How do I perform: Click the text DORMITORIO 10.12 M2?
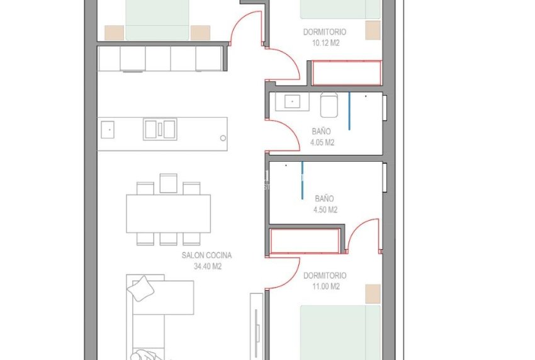[324, 37]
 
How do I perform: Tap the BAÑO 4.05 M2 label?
[322, 137]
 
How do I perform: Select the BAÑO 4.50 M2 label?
[325, 204]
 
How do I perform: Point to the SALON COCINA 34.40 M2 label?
[206, 261]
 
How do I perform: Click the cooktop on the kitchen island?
[160, 129]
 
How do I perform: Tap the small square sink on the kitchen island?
[108, 129]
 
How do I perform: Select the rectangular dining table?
[169, 214]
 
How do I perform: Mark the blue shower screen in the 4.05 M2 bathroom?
[349, 112]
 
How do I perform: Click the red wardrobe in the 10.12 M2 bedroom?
[347, 73]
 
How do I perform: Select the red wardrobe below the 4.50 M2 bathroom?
[305, 241]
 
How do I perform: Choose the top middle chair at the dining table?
[168, 183]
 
